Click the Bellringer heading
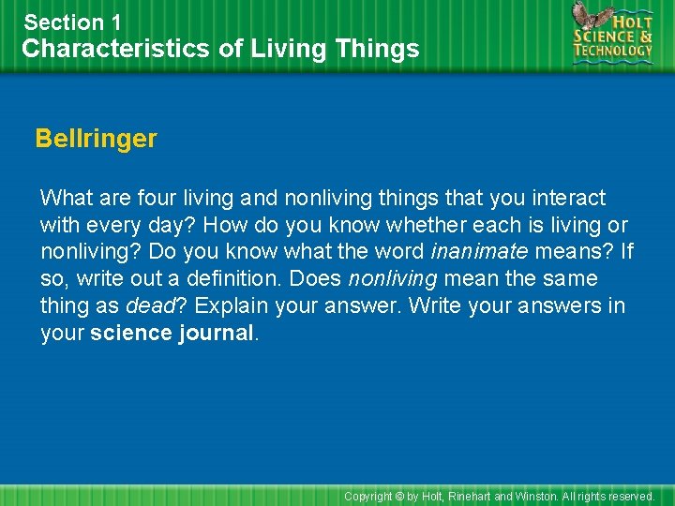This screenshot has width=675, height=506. (96, 139)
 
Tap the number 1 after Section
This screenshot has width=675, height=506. (116, 22)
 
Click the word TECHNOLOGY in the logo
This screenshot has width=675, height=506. (613, 52)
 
